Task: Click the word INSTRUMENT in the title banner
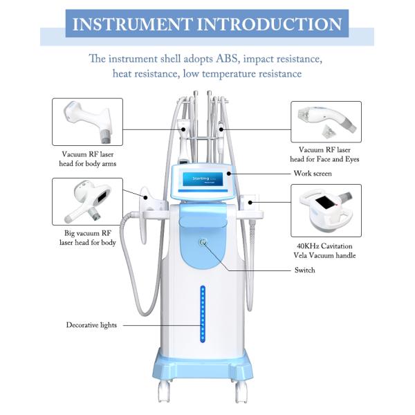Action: point(133,24)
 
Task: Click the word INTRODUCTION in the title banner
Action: point(270,24)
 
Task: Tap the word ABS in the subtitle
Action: point(227,59)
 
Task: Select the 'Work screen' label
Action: point(313,174)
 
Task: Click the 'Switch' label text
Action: point(304,270)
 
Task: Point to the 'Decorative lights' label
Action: point(91,325)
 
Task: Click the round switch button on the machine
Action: point(203,242)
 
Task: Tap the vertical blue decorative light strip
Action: point(203,314)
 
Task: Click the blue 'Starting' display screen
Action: point(205,179)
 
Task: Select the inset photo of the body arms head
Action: point(87,122)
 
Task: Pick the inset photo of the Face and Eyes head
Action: point(326,122)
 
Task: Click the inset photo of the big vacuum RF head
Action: point(87,202)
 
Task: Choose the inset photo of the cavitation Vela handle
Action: point(326,210)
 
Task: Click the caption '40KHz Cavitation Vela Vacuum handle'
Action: point(324,250)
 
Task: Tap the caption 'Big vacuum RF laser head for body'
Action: point(88,238)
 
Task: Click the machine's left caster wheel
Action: point(164,392)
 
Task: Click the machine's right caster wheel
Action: point(241,392)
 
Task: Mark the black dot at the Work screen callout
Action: point(229,174)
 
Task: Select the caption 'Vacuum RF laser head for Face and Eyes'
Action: point(324,154)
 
